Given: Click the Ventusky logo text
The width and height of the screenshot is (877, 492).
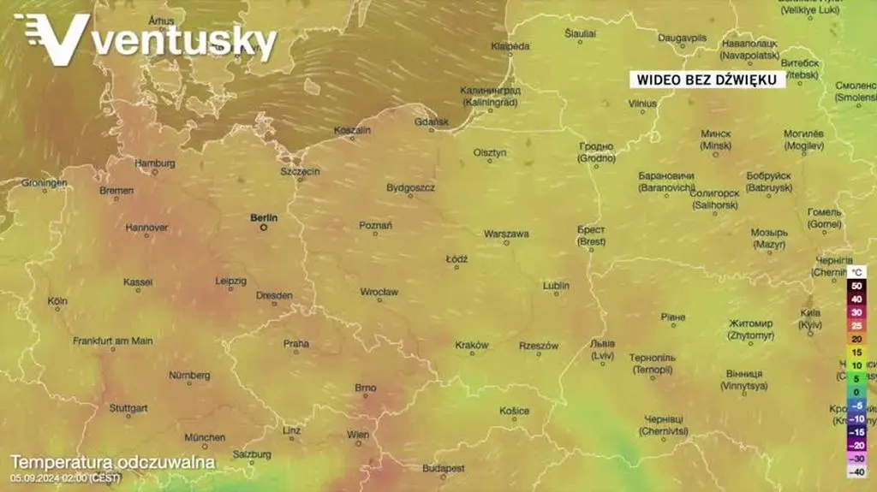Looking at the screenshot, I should [x=184, y=40].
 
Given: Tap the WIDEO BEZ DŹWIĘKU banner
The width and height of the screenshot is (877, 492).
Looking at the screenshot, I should [x=707, y=79].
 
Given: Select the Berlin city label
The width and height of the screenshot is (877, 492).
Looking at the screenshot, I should [x=264, y=217].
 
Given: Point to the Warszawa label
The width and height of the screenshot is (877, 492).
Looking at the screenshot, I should [x=506, y=233].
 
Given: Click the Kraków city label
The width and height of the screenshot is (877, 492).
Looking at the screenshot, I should [x=472, y=345].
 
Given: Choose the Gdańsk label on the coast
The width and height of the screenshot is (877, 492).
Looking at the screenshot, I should [x=432, y=122].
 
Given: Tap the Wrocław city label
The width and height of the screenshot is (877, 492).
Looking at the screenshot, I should [x=379, y=292].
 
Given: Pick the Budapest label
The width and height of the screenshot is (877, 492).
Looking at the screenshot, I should [x=444, y=468].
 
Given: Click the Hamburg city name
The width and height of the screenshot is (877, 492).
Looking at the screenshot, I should [x=155, y=163].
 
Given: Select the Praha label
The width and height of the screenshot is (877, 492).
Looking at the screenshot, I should [x=296, y=343].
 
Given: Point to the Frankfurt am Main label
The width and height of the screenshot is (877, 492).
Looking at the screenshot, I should [x=113, y=341].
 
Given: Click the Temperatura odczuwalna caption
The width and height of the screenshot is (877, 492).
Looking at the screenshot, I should [x=112, y=462].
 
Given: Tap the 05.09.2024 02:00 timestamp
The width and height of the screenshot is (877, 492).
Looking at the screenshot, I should [x=66, y=477].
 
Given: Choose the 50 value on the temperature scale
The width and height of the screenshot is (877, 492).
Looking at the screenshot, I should [x=856, y=286].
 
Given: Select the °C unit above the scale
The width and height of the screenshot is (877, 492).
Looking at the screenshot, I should [x=858, y=272].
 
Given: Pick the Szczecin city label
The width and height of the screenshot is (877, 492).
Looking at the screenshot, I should [x=300, y=171].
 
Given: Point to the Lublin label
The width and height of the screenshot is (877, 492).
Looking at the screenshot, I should [x=556, y=285].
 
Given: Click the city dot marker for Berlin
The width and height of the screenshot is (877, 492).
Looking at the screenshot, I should [x=264, y=228].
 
